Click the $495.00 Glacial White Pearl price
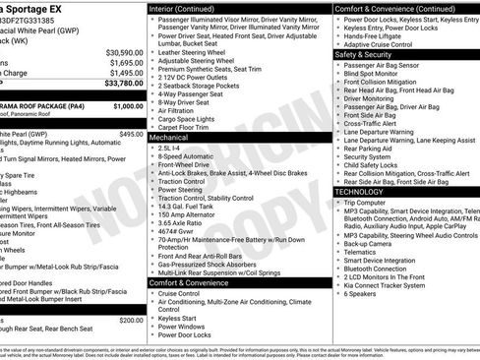point(131,133)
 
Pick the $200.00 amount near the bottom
point(131,320)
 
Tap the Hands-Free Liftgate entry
point(378,36)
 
